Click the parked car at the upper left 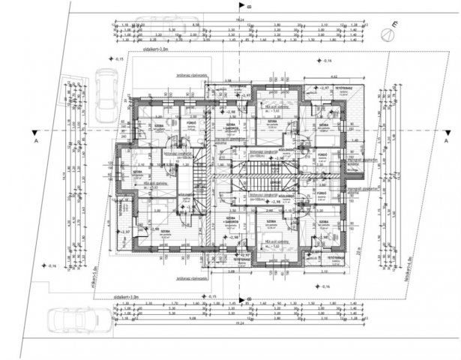(x=106, y=88)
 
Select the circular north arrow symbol (x=388, y=33)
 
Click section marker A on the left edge (x=35, y=140)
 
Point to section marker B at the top (x=250, y=7)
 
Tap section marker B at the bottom (x=249, y=298)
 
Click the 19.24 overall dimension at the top (x=241, y=19)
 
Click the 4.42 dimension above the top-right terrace (x=334, y=76)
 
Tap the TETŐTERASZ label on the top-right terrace (x=344, y=88)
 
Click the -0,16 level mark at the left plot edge (x=51, y=266)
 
